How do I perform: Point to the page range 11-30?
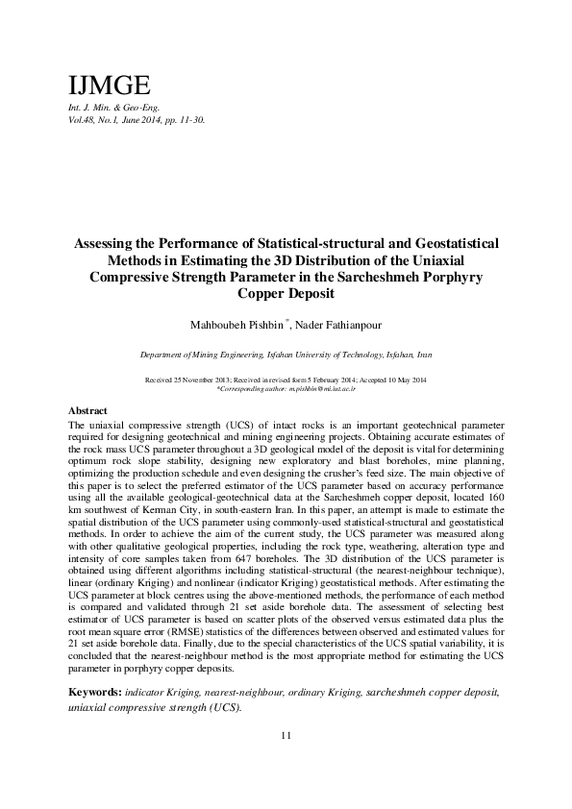[189, 121]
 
